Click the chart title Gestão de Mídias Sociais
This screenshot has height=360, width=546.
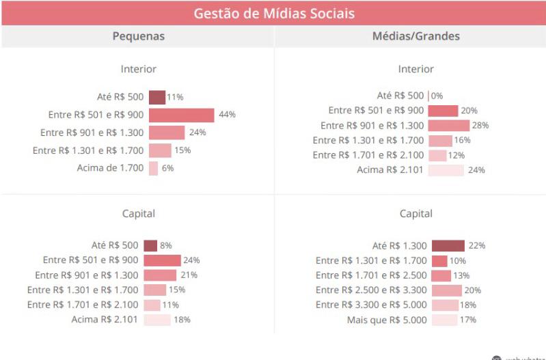(x=273, y=13)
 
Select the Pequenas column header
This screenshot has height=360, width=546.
(x=138, y=36)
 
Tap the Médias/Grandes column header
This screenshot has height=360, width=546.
(x=415, y=36)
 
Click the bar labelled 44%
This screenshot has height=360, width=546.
(x=181, y=115)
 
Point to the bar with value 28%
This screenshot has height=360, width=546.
(x=449, y=126)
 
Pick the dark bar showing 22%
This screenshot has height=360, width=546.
(x=448, y=246)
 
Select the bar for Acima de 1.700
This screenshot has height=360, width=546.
(x=153, y=168)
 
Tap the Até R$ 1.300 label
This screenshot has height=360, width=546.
(x=399, y=246)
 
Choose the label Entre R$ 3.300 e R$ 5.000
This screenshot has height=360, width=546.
(x=371, y=305)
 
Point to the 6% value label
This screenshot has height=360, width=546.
(x=167, y=168)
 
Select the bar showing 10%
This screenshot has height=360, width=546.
(x=439, y=261)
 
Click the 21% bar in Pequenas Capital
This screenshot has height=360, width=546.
(x=160, y=275)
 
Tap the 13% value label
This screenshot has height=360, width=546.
(x=461, y=276)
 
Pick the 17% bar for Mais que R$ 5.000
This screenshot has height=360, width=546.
(x=444, y=320)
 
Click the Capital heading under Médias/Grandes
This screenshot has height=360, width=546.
(x=415, y=214)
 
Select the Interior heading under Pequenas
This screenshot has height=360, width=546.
(x=138, y=69)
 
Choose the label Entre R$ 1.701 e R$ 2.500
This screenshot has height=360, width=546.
(x=371, y=275)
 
